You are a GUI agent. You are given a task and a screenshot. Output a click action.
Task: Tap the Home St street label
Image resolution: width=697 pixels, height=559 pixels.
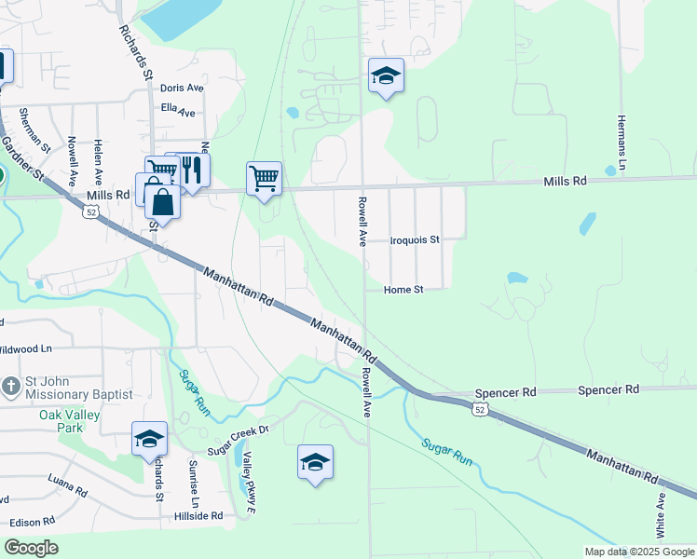pos(405,290)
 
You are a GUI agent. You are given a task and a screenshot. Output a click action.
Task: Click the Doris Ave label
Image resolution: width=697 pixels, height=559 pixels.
pos(182,88)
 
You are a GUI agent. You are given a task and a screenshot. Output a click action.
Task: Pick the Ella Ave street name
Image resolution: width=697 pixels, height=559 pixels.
pos(178,111)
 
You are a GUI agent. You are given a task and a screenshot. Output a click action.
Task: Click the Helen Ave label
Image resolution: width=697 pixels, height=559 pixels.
pos(98,161)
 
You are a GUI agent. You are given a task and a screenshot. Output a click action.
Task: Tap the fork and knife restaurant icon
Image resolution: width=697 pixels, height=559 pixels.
pos(192,170)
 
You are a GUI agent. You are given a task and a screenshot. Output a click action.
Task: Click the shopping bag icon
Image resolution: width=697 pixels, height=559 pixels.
pos(162,201)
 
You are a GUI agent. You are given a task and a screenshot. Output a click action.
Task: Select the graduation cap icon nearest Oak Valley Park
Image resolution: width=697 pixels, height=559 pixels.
pos(149,439)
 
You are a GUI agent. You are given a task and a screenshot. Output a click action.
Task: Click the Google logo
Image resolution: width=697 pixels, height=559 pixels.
pos(31,548)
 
